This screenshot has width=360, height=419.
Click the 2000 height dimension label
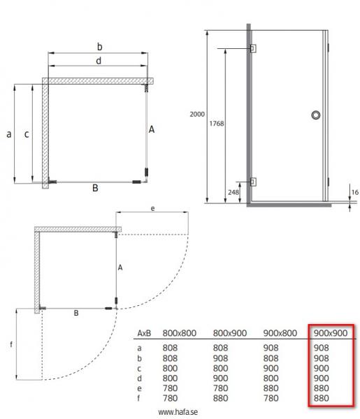[x=197, y=114]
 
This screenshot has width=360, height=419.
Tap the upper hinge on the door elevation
[x=253, y=48]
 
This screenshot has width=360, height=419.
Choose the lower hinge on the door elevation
[x=253, y=182]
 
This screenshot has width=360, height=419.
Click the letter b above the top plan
[x=100, y=46]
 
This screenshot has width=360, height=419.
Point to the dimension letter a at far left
[x=8, y=134]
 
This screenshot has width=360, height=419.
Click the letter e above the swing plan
[x=152, y=208]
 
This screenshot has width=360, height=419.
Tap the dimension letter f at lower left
[x=9, y=344]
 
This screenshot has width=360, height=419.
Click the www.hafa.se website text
[x=178, y=412]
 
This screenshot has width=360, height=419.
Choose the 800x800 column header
[x=178, y=332]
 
